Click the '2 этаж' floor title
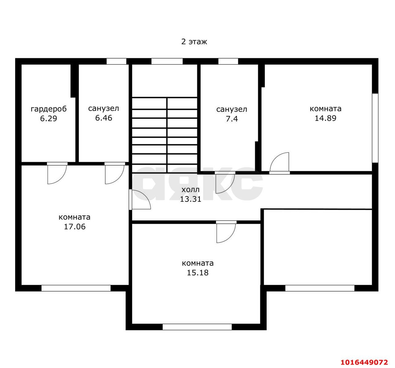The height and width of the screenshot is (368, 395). tap(194, 42)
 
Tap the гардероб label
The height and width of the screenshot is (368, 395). tap(49, 109)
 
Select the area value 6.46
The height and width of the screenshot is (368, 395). tap(104, 118)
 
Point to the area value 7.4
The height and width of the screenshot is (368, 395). tap(232, 119)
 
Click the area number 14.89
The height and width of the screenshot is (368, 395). tap(325, 118)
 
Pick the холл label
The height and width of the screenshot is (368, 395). tap(190, 190)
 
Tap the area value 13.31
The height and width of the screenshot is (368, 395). tap(190, 199)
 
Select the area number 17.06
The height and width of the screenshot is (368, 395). tap(75, 227)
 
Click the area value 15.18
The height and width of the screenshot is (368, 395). tap(197, 273)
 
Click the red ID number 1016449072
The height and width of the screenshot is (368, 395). tap(364, 362)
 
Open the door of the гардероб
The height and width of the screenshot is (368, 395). tap(57, 173)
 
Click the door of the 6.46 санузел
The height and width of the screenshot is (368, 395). tap(115, 173)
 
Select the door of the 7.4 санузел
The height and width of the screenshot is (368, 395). tap(225, 183)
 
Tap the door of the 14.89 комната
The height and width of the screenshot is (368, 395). tap(280, 163)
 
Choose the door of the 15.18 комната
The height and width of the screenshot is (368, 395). tap(226, 232)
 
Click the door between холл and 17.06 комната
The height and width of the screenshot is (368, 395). tap(140, 200)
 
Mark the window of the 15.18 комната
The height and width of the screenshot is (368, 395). tap(197, 327)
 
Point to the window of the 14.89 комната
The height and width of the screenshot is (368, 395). tap(375, 128)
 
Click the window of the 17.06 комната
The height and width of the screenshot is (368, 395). tap(76, 288)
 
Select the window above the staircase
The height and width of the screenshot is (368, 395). tap(167, 61)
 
